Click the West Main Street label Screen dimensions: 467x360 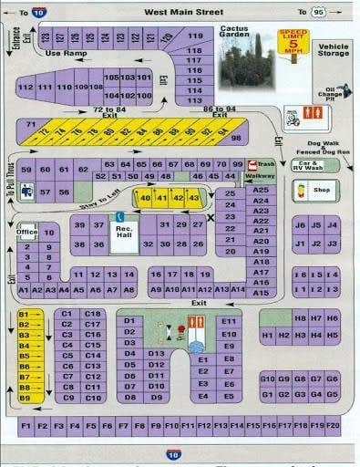point(181,12)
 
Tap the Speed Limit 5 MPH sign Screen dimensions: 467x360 point(294,44)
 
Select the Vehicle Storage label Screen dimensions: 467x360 point(334,49)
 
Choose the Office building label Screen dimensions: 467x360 point(26,232)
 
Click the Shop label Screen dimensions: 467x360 point(320,192)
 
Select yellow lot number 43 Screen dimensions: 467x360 point(193,197)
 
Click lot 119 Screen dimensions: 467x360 point(194,37)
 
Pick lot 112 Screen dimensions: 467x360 point(26,87)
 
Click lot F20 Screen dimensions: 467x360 point(333,425)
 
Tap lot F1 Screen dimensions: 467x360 point(26,425)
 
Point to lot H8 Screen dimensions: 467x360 point(300,318)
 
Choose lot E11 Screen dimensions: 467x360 point(229,321)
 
